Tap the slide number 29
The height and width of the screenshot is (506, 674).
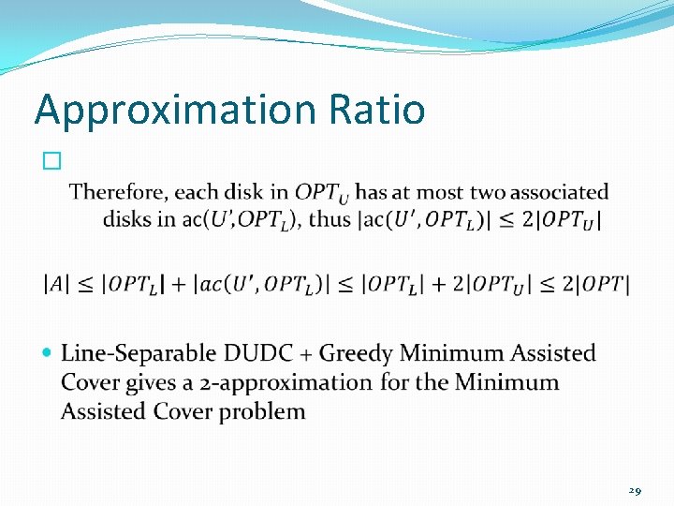(635, 489)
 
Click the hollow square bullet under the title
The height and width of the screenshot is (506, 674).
(51, 161)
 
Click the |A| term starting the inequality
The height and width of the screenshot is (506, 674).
(57, 284)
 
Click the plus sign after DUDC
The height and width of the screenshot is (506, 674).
(307, 354)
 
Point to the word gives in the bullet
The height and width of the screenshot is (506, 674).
(141, 382)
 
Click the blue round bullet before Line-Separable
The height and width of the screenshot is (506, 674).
(50, 353)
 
